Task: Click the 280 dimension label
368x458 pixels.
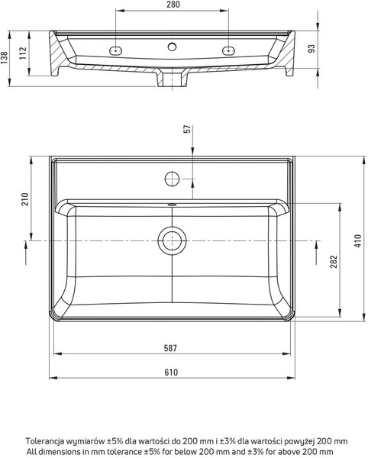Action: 173,5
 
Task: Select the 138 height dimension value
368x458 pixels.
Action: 4,57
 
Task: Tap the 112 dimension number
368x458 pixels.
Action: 23,53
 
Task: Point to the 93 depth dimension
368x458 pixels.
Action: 312,49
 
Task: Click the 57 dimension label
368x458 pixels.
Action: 187,129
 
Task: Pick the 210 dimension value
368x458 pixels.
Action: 25,199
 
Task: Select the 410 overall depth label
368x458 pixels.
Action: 358,241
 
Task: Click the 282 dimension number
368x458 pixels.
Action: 334,261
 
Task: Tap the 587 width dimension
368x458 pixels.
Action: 170,348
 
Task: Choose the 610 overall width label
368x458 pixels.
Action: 171,373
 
